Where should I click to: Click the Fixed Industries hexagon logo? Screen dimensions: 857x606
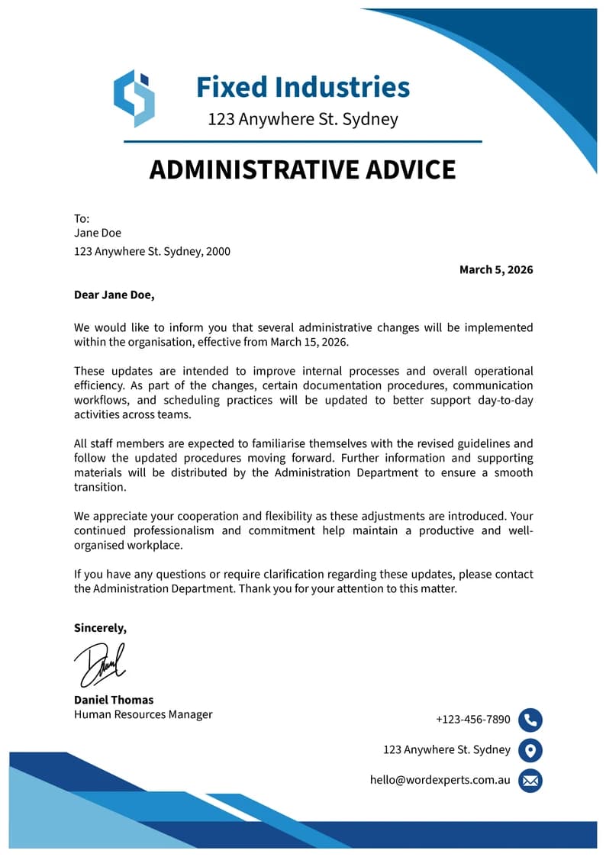134,98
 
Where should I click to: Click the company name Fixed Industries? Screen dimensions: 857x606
303,87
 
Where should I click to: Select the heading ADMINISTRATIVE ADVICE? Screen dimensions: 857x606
302,169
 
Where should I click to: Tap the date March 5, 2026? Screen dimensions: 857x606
496,269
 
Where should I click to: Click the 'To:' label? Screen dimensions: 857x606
82,219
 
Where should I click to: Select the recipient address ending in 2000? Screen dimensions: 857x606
152,251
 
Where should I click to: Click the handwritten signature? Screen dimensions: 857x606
100,665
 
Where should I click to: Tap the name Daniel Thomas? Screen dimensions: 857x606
114,700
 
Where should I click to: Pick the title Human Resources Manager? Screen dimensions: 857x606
143,714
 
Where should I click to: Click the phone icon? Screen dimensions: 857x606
530,720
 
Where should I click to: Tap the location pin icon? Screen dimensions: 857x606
530,750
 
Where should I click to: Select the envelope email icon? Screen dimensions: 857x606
530,781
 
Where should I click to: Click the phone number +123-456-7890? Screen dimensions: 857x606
473,720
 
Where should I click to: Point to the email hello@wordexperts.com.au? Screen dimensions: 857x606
440,780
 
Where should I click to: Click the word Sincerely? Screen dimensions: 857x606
100,628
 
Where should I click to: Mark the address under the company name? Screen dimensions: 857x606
303,120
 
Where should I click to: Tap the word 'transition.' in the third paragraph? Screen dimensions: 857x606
100,487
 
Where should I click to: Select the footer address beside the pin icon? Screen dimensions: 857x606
446,749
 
